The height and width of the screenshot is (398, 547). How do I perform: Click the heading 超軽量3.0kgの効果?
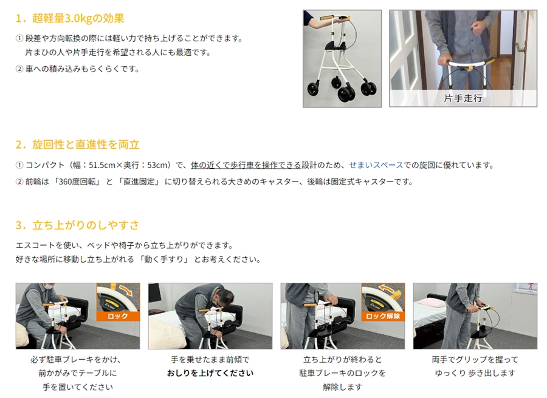click(x=78, y=18)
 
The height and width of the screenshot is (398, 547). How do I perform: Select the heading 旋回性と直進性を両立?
click(x=86, y=144)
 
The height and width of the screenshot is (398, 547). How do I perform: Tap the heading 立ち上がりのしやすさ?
click(x=86, y=225)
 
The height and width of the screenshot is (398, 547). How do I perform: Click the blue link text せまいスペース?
click(x=376, y=165)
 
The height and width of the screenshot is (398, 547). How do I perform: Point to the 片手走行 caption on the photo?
click(x=463, y=98)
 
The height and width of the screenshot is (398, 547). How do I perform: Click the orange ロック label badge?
click(x=118, y=316)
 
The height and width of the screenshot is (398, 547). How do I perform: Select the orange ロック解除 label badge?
click(x=383, y=316)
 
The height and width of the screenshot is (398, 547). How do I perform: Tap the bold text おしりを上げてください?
click(x=210, y=373)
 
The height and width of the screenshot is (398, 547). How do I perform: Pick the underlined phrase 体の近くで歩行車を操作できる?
click(x=246, y=165)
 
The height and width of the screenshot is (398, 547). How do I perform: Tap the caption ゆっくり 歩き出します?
click(x=475, y=373)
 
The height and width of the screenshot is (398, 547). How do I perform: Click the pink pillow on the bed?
click(x=432, y=302)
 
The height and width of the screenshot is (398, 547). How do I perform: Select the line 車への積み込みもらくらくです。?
click(x=83, y=69)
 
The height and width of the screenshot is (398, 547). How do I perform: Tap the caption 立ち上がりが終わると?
click(x=343, y=359)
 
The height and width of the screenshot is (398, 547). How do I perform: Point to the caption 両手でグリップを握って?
click(x=475, y=359)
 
